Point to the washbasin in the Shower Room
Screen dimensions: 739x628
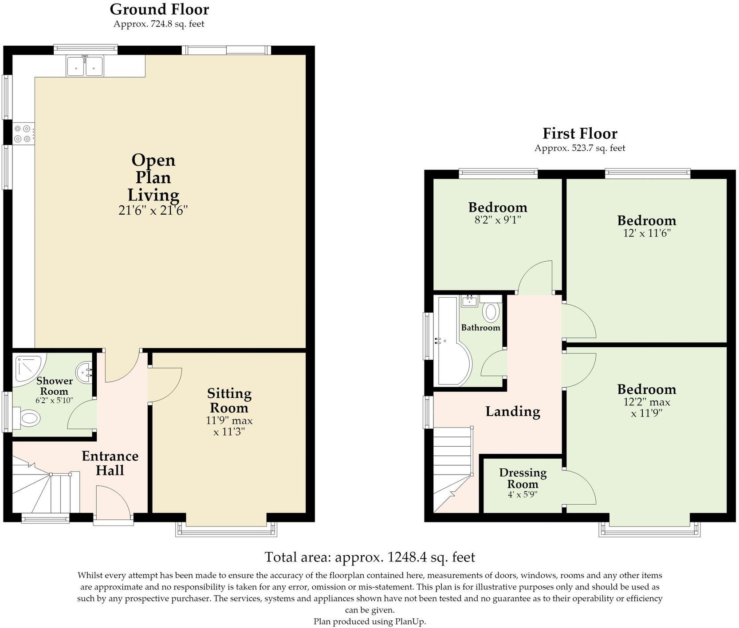84,372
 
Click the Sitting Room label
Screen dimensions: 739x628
229,400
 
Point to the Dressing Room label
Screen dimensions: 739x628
523,478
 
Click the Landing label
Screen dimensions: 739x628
513,412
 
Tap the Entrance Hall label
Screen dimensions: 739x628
110,463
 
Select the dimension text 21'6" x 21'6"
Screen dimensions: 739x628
153,210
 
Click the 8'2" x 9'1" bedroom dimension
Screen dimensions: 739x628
498,220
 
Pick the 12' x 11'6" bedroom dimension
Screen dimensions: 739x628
647,233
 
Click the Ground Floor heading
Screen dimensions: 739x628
159,9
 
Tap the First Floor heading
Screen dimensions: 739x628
580,133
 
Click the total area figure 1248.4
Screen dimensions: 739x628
408,557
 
